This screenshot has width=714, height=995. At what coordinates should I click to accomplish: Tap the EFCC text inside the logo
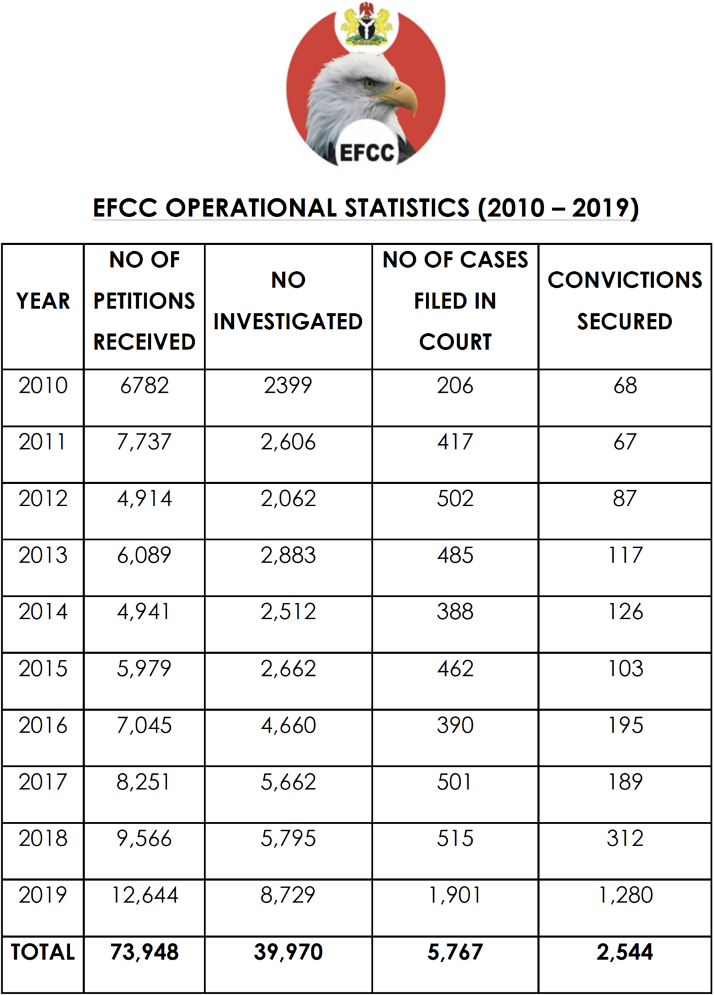click(x=366, y=152)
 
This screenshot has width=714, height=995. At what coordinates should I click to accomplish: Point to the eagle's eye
click(x=368, y=84)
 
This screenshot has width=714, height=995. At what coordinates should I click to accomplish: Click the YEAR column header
click(x=43, y=301)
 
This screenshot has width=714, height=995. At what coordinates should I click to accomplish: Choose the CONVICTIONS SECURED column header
click(x=624, y=301)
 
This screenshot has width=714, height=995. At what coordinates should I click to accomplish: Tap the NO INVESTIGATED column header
click(x=288, y=301)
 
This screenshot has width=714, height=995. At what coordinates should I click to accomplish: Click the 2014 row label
click(x=43, y=612)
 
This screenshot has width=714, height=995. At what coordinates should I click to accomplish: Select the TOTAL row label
click(x=43, y=952)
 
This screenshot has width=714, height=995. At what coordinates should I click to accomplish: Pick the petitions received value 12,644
click(x=144, y=895)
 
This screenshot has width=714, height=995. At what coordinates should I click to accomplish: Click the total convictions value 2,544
click(x=624, y=952)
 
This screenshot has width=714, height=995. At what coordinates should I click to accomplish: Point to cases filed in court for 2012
click(x=455, y=499)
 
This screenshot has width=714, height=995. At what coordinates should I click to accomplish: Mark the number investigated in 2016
click(x=288, y=725)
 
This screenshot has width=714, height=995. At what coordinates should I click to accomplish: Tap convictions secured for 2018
click(x=624, y=838)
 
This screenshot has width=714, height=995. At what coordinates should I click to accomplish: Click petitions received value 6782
click(x=144, y=385)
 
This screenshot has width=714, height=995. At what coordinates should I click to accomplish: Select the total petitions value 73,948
click(x=144, y=952)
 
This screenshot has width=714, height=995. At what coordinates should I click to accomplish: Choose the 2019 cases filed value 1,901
click(x=455, y=895)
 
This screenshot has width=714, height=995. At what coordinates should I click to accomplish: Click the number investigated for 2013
click(x=288, y=555)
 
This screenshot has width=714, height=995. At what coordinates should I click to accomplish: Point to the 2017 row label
click(x=43, y=782)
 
